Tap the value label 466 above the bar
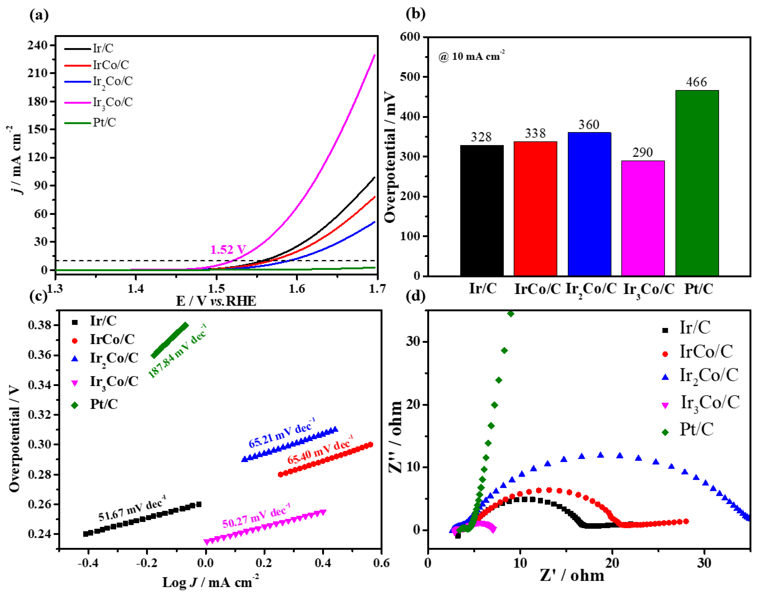(696, 82)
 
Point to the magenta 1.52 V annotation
(228, 250)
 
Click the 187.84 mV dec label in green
(177, 351)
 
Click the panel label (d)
(415, 296)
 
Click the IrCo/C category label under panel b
(537, 289)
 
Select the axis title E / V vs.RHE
(216, 301)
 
